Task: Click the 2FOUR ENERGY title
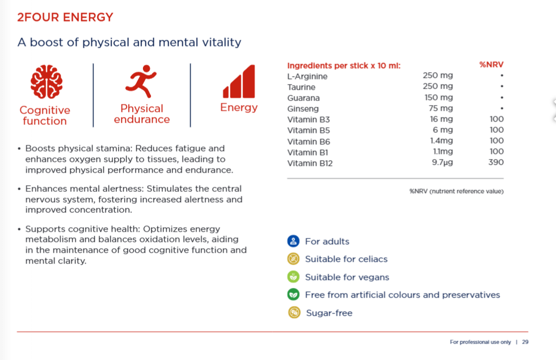tap(65, 17)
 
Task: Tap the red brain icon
tap(45, 82)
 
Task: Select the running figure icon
tap(141, 81)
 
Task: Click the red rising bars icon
tap(239, 82)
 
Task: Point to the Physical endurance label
tap(142, 114)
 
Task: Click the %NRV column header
tap(491, 65)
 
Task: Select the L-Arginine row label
tap(307, 76)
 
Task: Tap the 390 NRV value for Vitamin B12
tap(496, 162)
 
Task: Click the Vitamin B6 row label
tap(309, 141)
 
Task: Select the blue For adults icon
tap(293, 241)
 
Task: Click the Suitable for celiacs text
tap(346, 259)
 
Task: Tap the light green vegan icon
tap(293, 277)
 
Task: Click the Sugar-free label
tap(329, 313)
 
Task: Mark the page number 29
tap(525, 342)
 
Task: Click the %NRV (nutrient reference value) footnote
tap(456, 191)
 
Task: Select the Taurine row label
tap(301, 87)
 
